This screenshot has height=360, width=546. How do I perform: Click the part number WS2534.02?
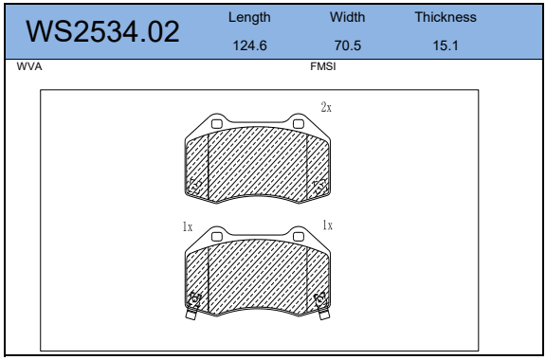coord(102,32)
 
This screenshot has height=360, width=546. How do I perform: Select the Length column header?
coord(249,17)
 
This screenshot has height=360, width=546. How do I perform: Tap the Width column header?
coord(348,17)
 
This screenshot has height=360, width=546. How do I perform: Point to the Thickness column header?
coord(446,17)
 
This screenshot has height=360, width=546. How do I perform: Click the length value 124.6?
coord(249,45)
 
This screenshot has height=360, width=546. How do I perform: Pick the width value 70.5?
coord(348,45)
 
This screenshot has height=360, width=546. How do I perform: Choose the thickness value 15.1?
coord(446,45)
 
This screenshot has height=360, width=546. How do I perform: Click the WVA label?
coord(29,66)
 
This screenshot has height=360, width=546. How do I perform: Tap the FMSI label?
coord(323,66)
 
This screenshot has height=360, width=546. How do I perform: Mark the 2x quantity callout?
coord(326,107)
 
